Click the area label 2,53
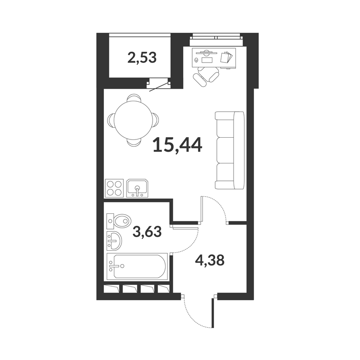[x=142, y=58]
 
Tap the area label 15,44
[x=177, y=145]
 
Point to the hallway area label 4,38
[x=209, y=261]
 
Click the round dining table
[x=133, y=121]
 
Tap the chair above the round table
[x=134, y=98]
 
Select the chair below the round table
[x=134, y=143]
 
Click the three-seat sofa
[x=229, y=150]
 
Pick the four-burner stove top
[x=114, y=188]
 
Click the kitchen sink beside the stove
[x=138, y=188]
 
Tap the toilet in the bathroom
[x=119, y=221]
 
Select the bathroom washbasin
[x=114, y=241]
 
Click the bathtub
[x=137, y=266]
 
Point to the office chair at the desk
[x=206, y=76]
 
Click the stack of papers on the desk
[x=226, y=57]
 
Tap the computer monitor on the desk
[x=206, y=52]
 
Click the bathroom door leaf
[x=185, y=228]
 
